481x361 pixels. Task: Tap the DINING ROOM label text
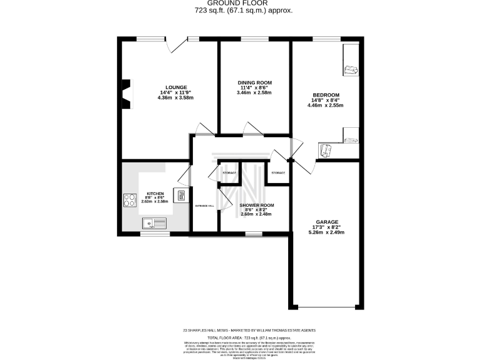coord(254,82)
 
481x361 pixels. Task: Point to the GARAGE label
coord(327,222)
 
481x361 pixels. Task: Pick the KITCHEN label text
coord(155,193)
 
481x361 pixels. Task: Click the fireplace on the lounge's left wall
coord(126,93)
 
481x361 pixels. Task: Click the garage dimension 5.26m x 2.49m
coord(327,233)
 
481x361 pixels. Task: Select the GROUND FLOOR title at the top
coord(240,4)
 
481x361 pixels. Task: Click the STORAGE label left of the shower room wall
coord(229,172)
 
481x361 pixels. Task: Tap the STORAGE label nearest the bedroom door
coord(277,172)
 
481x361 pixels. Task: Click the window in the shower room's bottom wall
coord(253,234)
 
